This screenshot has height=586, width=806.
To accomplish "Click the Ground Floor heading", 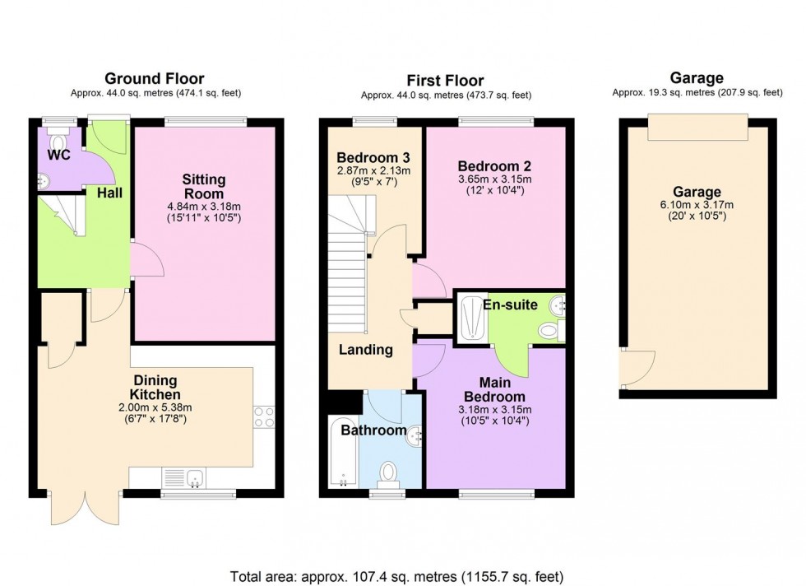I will click(154, 79).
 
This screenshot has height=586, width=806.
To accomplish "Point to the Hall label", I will click(110, 192).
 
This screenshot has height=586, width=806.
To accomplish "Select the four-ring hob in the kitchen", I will click(263, 417).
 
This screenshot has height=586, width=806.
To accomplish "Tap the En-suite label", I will click(510, 305).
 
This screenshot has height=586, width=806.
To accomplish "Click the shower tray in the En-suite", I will click(471, 316).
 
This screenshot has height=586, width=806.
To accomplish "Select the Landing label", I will click(366, 350).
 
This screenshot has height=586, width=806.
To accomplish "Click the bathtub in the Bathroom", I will click(342, 453).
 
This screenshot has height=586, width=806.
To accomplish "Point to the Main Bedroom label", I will click(494, 389).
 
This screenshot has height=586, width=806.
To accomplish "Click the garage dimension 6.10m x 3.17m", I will click(699, 205).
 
